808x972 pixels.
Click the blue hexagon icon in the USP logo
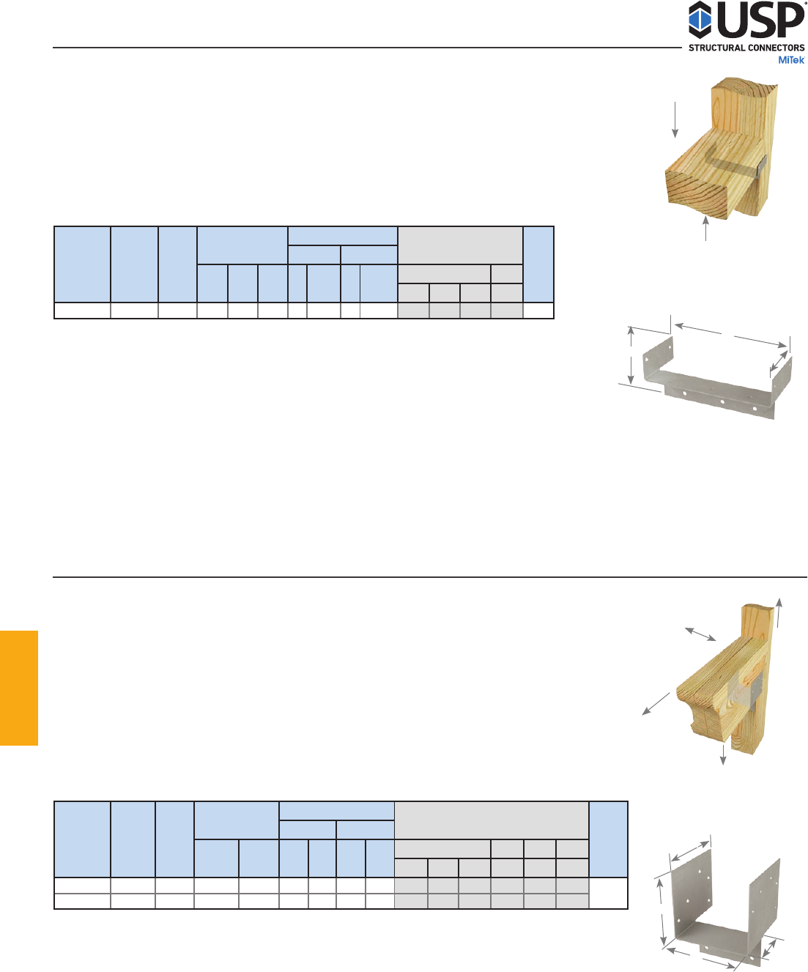coord(700,20)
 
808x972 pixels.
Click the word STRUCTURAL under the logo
coord(716,48)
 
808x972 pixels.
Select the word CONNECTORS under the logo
coord(776,48)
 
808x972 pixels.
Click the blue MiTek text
coord(791,60)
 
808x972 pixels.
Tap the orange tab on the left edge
coord(18,688)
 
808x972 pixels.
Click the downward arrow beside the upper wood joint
coord(675,120)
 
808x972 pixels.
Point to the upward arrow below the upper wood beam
coord(706,228)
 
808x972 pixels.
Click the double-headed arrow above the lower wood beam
coord(700,634)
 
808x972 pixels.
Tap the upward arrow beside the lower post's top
coord(779,612)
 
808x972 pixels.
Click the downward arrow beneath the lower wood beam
coord(723,754)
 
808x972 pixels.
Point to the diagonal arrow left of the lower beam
coord(656,704)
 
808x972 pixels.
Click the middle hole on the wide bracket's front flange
coord(722,401)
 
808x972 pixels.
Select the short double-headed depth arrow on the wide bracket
coord(779,362)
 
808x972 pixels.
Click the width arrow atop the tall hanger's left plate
coord(690,851)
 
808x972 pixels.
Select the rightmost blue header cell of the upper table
coord(538,264)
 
